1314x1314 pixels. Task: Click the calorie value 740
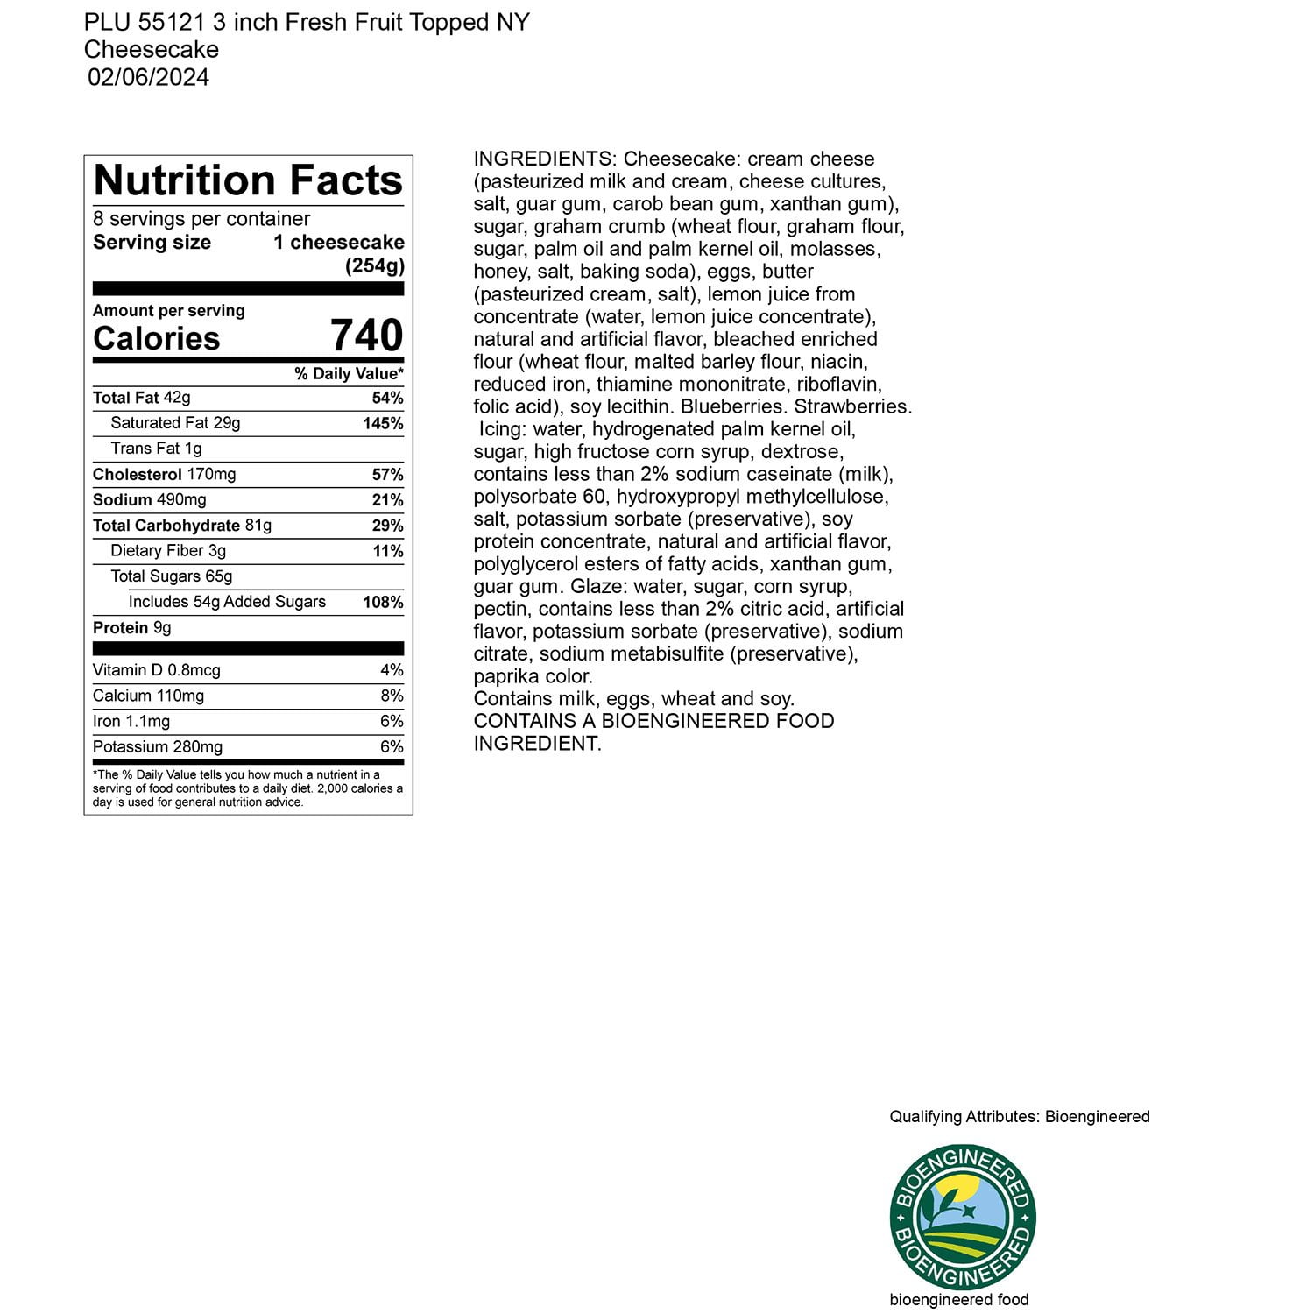[366, 336]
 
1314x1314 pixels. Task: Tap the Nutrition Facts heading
[248, 180]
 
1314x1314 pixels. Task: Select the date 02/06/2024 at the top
[149, 77]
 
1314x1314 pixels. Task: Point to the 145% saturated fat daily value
[383, 424]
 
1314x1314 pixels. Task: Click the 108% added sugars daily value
[383, 603]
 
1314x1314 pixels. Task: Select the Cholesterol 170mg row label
[164, 475]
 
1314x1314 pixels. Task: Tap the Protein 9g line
[132, 628]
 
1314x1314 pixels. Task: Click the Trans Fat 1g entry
[156, 449]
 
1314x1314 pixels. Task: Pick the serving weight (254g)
[374, 265]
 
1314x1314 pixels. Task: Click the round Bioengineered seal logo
[963, 1217]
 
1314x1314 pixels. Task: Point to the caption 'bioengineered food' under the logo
[959, 1300]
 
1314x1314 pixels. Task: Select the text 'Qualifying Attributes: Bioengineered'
[1020, 1117]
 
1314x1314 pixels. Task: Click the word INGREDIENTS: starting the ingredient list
[545, 159]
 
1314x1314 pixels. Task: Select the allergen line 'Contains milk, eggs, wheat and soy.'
[634, 699]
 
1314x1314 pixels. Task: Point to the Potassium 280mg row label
[158, 747]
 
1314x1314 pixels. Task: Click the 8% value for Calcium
[392, 696]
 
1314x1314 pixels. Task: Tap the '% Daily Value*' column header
[349, 374]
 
